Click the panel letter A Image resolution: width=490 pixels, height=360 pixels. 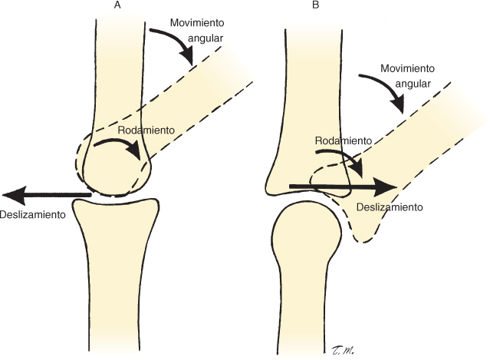pyautogui.click(x=117, y=6)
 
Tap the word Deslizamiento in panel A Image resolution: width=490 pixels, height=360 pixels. pyautogui.click(x=32, y=214)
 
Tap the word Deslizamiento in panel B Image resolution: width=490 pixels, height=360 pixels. pyautogui.click(x=390, y=207)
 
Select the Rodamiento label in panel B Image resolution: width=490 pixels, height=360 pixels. pyautogui.click(x=343, y=141)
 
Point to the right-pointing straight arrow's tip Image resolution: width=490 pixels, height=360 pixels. pyautogui.click(x=396, y=187)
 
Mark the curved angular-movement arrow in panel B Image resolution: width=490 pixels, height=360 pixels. pyautogui.click(x=386, y=91)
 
